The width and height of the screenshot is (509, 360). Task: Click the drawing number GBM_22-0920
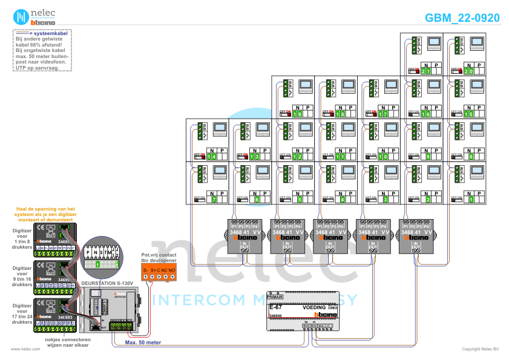click(462, 18)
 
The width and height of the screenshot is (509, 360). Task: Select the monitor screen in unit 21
click(435, 44)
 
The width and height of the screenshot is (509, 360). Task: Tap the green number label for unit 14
click(211, 157)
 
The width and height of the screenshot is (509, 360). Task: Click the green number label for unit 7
click(214, 199)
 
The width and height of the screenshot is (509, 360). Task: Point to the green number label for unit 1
click(471, 199)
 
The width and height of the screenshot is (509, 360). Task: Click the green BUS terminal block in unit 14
click(200, 131)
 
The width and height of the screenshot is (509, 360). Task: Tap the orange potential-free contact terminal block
click(158, 272)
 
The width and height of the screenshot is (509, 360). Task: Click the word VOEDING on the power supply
click(314, 308)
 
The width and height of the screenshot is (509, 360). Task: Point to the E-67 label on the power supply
click(275, 308)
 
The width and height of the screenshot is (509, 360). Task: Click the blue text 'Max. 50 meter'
click(143, 342)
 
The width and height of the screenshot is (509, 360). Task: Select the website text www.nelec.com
click(21, 349)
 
